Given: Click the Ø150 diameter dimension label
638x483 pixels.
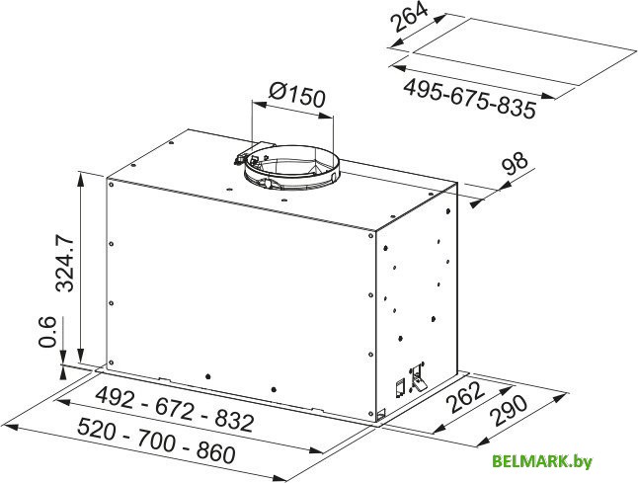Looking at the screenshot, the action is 297,95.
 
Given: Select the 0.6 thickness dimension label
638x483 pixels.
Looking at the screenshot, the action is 46,331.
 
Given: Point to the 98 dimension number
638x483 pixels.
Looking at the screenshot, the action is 515,165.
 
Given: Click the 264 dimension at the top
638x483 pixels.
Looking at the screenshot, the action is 410,17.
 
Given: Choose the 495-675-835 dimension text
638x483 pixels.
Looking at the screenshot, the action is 469,99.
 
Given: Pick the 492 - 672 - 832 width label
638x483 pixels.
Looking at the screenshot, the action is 175,409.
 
